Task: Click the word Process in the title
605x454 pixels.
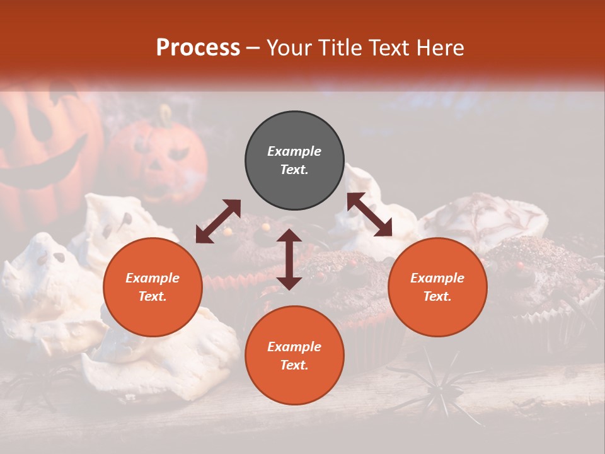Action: pos(198,48)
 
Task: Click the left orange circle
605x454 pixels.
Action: pos(153,288)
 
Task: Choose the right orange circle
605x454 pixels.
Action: pos(437,288)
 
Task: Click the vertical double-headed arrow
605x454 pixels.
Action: pos(289,259)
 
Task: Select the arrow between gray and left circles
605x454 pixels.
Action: pos(218,221)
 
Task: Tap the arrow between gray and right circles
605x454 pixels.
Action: pos(369,214)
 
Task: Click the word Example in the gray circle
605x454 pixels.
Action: pos(294,151)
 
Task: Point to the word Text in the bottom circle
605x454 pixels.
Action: pos(294,365)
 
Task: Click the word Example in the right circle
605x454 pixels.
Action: pos(437,278)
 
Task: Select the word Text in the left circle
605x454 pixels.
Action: pos(152,296)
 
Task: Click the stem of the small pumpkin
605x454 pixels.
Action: pos(165,114)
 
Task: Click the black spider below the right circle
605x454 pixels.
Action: pos(435,385)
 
